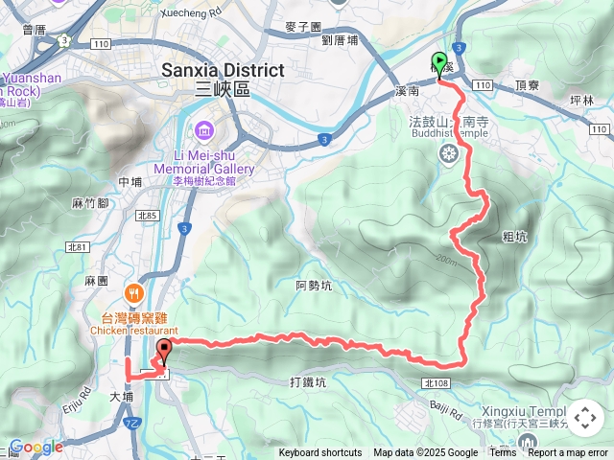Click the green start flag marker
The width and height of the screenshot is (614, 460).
pyautogui.click(x=440, y=62)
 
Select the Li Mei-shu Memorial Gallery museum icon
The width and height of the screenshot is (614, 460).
pyautogui.click(x=203, y=130)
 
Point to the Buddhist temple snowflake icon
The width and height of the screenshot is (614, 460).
pyautogui.click(x=448, y=153)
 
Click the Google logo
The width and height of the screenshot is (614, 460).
pyautogui.click(x=35, y=447)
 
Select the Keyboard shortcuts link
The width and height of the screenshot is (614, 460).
pyautogui.click(x=320, y=453)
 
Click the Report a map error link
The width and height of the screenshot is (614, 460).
pyautogui.click(x=568, y=453)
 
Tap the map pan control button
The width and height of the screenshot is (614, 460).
pyautogui.click(x=585, y=418)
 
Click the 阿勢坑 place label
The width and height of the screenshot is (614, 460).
pyautogui.click(x=315, y=285)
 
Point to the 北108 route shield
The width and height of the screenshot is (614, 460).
pyautogui.click(x=434, y=382)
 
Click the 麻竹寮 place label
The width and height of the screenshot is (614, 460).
pyautogui.click(x=90, y=203)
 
